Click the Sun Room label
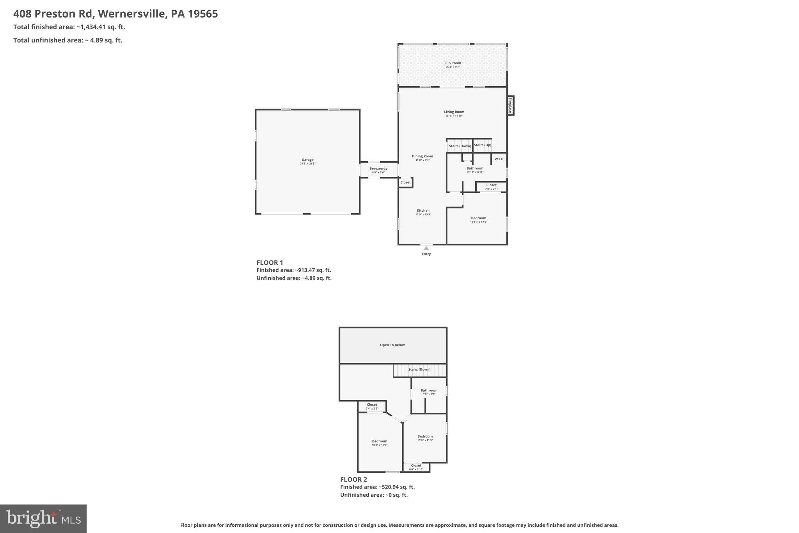453,63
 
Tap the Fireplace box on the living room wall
510,105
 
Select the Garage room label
307,160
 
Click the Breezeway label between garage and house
378,169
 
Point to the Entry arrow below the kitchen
426,248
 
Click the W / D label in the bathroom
499,159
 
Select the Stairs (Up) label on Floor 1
482,145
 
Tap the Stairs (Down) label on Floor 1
460,146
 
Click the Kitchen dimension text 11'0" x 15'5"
423,214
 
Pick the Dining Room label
423,156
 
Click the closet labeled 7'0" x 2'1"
491,187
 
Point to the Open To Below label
392,345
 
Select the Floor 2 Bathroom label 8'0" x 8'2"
429,392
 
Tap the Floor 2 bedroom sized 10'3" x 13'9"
380,443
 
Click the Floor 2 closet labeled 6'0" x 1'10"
416,467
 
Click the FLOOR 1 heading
270,263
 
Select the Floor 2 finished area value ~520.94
396,487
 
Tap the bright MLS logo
43,519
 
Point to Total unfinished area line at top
68,40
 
